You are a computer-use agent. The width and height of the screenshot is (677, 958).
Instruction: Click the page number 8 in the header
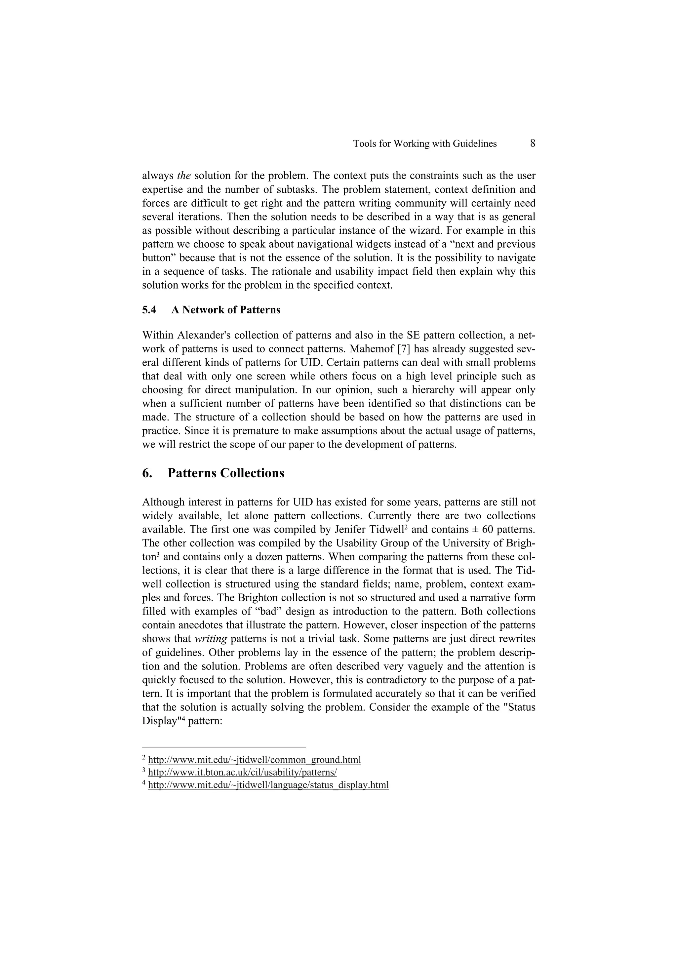click(532, 143)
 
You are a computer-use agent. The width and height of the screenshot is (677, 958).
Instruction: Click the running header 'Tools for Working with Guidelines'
click(425, 144)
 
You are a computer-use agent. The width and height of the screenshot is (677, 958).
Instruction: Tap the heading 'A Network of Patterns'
click(226, 310)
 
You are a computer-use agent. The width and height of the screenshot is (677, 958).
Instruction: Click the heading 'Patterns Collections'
click(226, 473)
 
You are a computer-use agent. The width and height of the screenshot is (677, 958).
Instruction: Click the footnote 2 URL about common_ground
click(255, 759)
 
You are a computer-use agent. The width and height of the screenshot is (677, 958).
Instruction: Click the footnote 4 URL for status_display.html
click(268, 785)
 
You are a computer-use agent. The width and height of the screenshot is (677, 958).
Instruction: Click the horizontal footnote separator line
click(224, 747)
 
